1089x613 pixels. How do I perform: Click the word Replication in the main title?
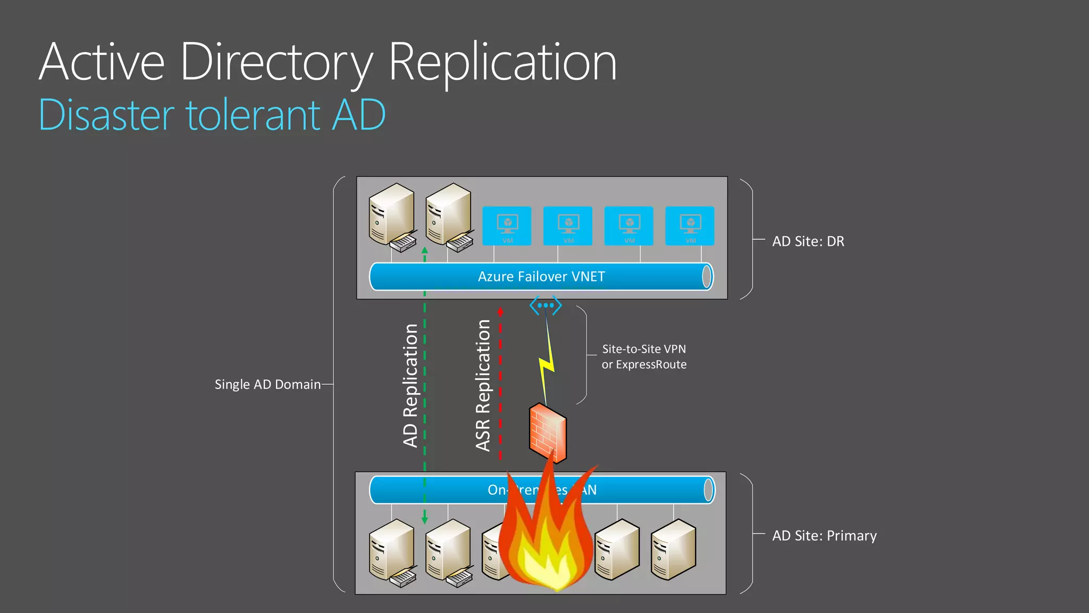(x=502, y=63)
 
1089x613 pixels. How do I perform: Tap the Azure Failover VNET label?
(x=541, y=277)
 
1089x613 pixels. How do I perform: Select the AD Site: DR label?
(x=808, y=242)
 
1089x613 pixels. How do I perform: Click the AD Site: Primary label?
(x=824, y=536)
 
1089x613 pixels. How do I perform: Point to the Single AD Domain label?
(x=267, y=384)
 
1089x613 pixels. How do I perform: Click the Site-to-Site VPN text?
(x=643, y=349)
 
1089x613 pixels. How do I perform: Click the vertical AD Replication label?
(x=410, y=385)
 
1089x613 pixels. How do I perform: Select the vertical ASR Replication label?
(x=483, y=385)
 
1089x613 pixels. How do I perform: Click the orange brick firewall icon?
(x=548, y=432)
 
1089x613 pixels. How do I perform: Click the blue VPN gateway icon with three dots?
(x=546, y=305)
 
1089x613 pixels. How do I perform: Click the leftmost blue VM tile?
(x=507, y=226)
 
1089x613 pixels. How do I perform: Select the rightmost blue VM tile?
(x=690, y=226)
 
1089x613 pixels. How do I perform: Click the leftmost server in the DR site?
(x=392, y=216)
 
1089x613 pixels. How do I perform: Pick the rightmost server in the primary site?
(x=673, y=549)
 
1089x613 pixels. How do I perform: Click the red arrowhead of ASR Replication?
(x=500, y=311)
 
